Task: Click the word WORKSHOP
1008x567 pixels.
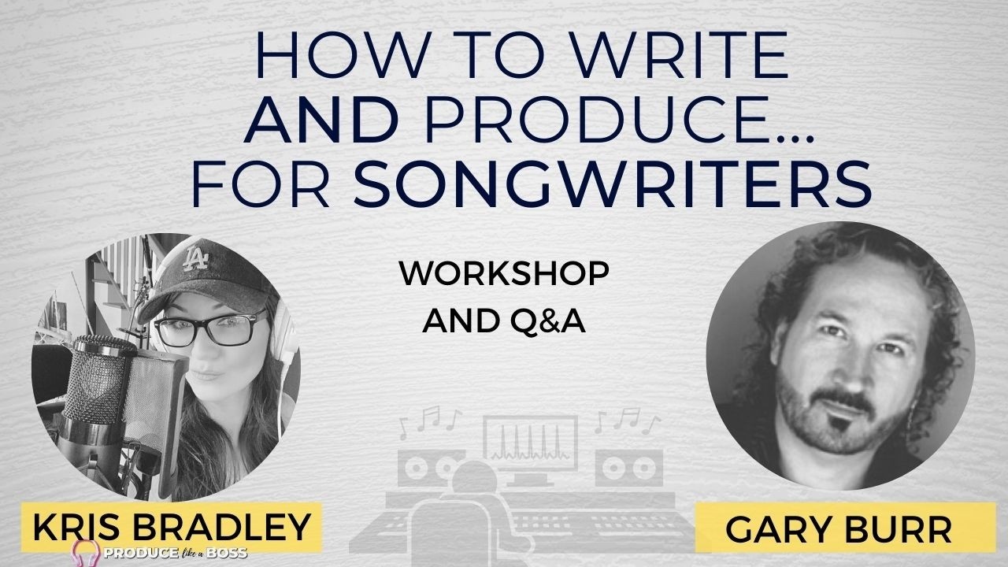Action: [x=504, y=273]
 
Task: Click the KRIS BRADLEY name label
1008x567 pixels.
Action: [x=172, y=527]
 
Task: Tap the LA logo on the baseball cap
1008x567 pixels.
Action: [x=197, y=260]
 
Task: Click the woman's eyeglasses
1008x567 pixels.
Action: [x=212, y=329]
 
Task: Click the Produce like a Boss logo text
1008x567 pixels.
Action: [x=176, y=553]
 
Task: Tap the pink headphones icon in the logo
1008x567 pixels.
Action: [x=86, y=553]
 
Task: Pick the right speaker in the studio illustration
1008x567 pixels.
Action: [x=629, y=468]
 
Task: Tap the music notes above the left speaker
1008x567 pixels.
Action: [x=430, y=421]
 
